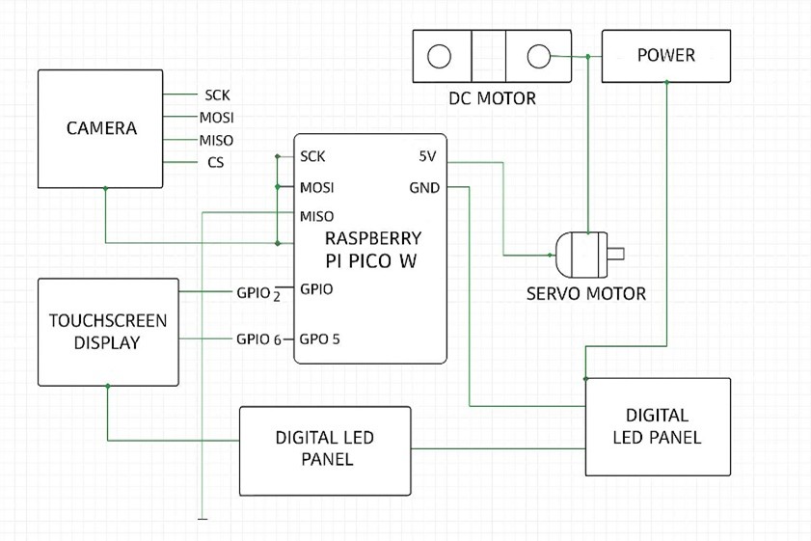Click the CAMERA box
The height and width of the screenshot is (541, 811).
(x=100, y=128)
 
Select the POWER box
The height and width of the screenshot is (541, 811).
(x=665, y=56)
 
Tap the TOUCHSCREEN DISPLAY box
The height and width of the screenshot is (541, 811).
(x=108, y=332)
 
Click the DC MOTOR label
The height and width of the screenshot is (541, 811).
(x=492, y=98)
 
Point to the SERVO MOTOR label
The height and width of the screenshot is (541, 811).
(x=585, y=293)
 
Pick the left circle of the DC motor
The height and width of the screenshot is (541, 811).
(x=440, y=56)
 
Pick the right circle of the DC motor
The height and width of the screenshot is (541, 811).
(x=539, y=56)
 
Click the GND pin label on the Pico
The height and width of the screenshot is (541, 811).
(x=424, y=188)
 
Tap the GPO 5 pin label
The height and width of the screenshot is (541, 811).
(x=319, y=339)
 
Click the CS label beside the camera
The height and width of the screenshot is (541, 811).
(x=216, y=163)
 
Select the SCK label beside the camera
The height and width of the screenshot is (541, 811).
(x=217, y=95)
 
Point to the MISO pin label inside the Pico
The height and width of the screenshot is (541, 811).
(x=317, y=216)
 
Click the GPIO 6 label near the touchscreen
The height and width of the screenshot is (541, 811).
(x=257, y=339)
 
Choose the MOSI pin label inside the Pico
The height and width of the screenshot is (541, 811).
(x=317, y=188)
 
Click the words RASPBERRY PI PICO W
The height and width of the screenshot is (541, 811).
(x=371, y=249)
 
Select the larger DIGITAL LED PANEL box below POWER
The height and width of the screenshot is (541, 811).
(x=657, y=426)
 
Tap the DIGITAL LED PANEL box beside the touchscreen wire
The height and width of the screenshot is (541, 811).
(x=325, y=448)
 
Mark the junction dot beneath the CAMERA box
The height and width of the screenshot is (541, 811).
(x=105, y=189)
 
